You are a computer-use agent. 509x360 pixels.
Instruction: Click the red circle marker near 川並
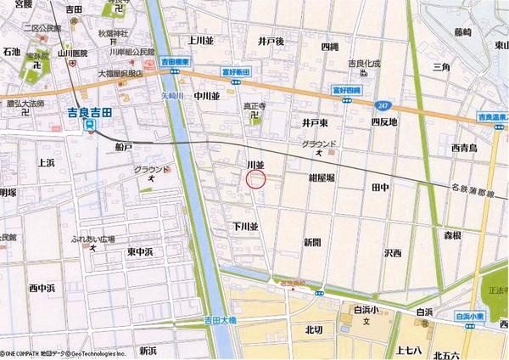255,178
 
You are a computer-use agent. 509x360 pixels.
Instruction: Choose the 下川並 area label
244,227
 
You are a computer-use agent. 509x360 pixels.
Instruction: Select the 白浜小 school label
367,311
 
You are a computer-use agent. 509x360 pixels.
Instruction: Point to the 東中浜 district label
139,252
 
